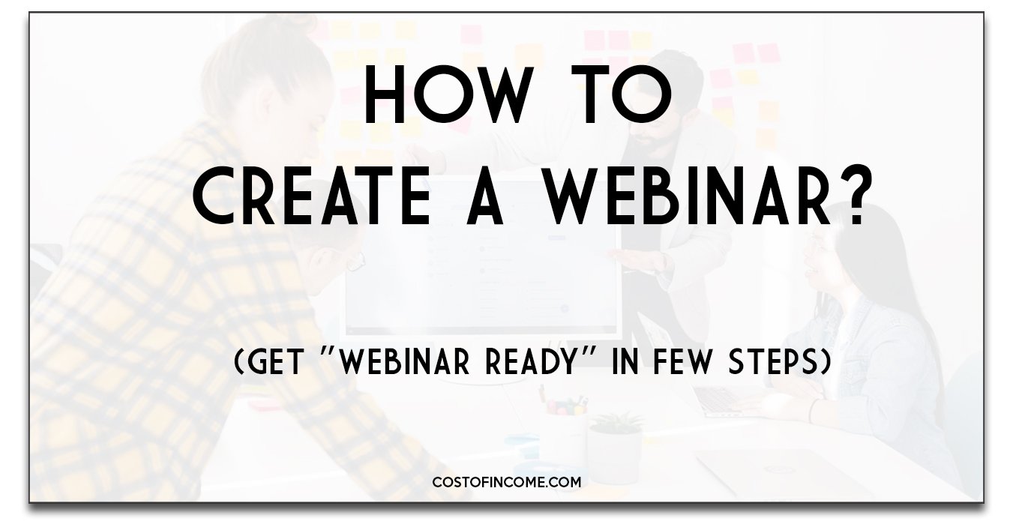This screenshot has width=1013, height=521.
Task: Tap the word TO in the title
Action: coord(622,94)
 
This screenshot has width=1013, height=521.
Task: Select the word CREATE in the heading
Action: coord(312,195)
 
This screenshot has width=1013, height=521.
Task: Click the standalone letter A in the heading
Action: coord(485,195)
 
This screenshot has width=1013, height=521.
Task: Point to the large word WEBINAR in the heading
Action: coord(686,195)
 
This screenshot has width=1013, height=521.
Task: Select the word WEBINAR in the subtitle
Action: coord(405,362)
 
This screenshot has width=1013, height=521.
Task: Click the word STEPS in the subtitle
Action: coord(772,362)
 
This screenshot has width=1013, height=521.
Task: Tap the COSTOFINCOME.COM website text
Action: coord(507,482)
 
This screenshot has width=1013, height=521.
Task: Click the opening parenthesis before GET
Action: coord(240,363)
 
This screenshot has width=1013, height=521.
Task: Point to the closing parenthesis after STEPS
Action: coord(825,363)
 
